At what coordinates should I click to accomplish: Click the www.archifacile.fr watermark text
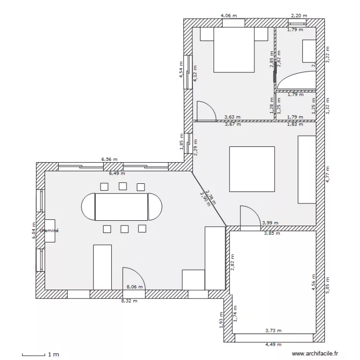click(x=317, y=354)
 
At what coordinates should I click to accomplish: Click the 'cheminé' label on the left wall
click(x=49, y=230)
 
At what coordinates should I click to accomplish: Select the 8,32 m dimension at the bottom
click(x=129, y=301)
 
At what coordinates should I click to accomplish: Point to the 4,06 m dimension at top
click(x=228, y=15)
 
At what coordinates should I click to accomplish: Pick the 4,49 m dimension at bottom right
click(x=274, y=344)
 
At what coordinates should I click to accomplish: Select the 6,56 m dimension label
click(x=109, y=159)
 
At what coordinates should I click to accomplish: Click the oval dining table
click(x=122, y=206)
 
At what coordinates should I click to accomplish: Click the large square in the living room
click(x=252, y=169)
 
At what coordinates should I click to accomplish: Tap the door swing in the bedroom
click(x=205, y=110)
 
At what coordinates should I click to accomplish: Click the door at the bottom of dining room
click(x=133, y=278)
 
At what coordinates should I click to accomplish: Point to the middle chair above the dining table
click(x=123, y=186)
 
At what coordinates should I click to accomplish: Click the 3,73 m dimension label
click(x=274, y=330)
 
